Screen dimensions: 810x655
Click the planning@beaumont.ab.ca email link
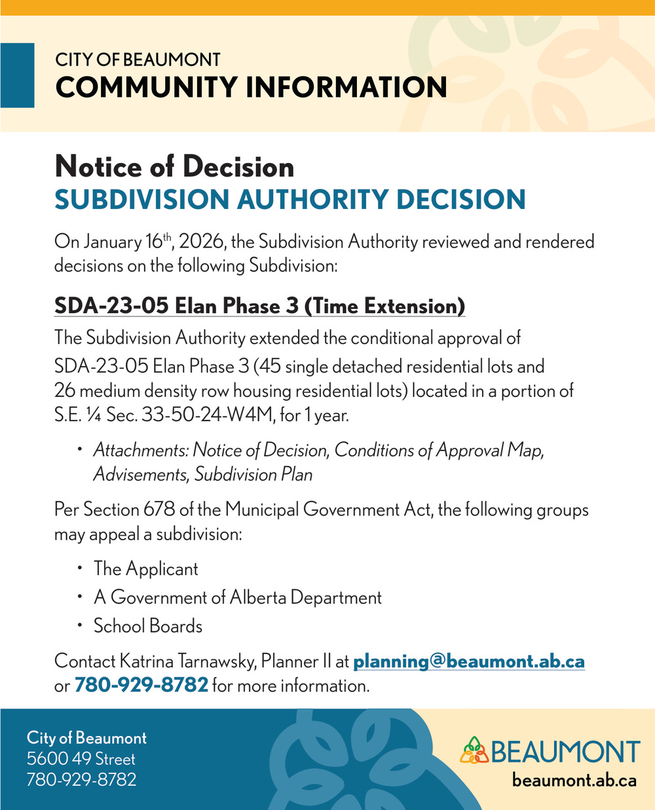(469, 661)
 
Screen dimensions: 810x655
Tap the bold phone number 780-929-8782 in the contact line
(141, 686)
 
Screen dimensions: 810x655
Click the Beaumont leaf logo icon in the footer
(474, 750)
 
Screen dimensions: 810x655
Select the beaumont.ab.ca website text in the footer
(574, 780)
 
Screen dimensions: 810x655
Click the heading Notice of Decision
(174, 166)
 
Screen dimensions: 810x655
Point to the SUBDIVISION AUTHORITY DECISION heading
(290, 200)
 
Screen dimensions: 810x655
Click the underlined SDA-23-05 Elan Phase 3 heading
(259, 306)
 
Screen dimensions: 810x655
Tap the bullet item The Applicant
(145, 568)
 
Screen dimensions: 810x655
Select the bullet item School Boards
(148, 626)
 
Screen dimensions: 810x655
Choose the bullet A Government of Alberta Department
(237, 597)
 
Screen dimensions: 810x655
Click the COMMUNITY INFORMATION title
(251, 87)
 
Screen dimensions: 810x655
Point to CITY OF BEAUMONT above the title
(138, 60)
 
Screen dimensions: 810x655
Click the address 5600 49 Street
(81, 759)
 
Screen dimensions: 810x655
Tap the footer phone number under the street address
(81, 780)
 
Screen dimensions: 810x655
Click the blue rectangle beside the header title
(17, 75)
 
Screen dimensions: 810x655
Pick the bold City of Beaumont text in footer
(86, 738)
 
